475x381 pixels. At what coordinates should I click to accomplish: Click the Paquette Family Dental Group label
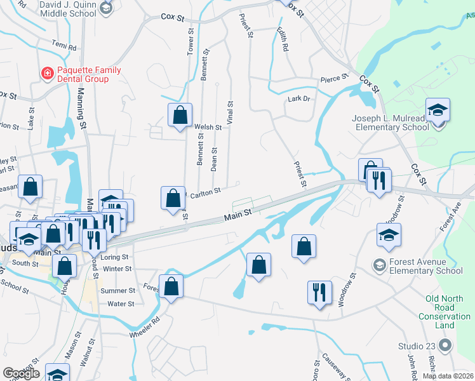(83, 74)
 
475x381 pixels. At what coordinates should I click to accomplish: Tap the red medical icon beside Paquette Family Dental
(47, 74)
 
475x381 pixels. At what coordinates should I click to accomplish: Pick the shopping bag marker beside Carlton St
(173, 198)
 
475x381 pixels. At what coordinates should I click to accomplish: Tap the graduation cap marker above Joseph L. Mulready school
(438, 110)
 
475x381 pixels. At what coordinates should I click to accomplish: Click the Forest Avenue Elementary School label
(427, 266)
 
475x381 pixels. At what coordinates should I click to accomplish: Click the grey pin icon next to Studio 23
(445, 345)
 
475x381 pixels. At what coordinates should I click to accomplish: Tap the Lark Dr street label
(298, 99)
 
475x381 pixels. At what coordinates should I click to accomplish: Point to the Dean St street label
(215, 159)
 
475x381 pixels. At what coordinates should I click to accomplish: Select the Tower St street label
(190, 42)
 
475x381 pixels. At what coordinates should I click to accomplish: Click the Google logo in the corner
(21, 373)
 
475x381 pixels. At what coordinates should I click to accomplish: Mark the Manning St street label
(82, 112)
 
